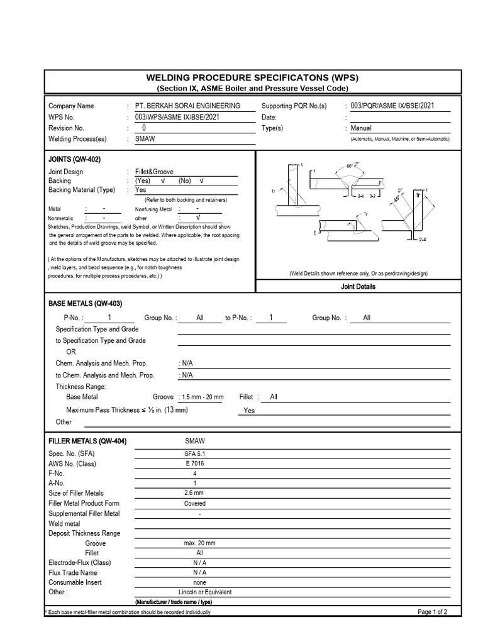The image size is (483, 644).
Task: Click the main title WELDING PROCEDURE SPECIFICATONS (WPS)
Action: click(x=252, y=78)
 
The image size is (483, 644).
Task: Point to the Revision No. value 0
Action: click(x=144, y=128)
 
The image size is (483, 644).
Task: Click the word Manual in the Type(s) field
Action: click(x=361, y=128)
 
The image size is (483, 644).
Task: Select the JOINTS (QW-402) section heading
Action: click(x=74, y=160)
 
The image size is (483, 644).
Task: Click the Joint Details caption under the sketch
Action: click(x=358, y=287)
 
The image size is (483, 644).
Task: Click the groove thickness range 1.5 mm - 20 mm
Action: click(x=201, y=397)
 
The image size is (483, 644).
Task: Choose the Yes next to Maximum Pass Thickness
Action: click(x=249, y=411)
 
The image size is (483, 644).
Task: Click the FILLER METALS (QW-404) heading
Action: click(x=87, y=441)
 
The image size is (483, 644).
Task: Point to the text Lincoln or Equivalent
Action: click(x=205, y=592)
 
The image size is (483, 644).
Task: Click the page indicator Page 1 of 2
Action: click(x=432, y=612)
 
